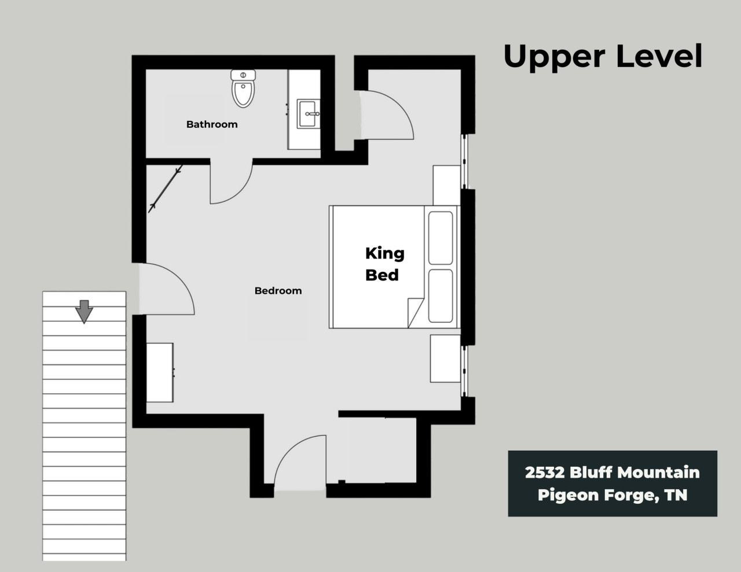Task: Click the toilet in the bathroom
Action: [x=243, y=88]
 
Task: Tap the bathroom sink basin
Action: [x=308, y=114]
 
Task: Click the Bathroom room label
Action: [x=212, y=124]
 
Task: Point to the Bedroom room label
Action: [x=278, y=290]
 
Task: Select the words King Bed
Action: [x=384, y=264]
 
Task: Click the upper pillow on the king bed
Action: [x=441, y=238]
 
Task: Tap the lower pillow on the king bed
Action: [x=441, y=296]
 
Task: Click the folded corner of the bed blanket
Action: [x=415, y=312]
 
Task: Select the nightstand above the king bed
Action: [x=447, y=185]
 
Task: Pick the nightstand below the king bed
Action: [x=445, y=359]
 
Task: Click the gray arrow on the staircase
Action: [x=84, y=311]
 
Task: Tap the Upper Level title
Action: [x=603, y=57]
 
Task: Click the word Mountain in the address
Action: [x=658, y=472]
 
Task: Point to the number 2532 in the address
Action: [x=545, y=473]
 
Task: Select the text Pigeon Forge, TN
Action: [x=612, y=495]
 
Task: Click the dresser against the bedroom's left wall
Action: [x=160, y=372]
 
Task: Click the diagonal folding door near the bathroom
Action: [x=165, y=189]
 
